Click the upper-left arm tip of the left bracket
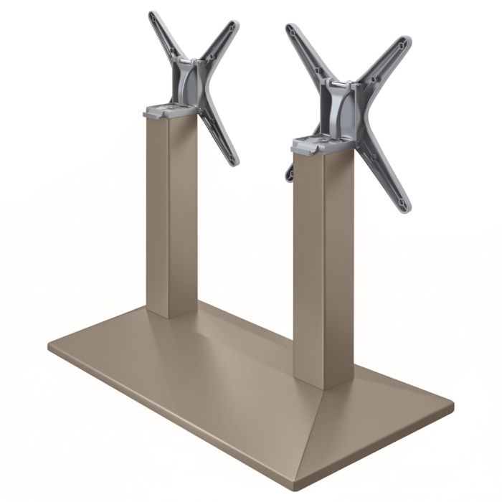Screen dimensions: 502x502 153,16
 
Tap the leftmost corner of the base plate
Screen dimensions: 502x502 50,348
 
